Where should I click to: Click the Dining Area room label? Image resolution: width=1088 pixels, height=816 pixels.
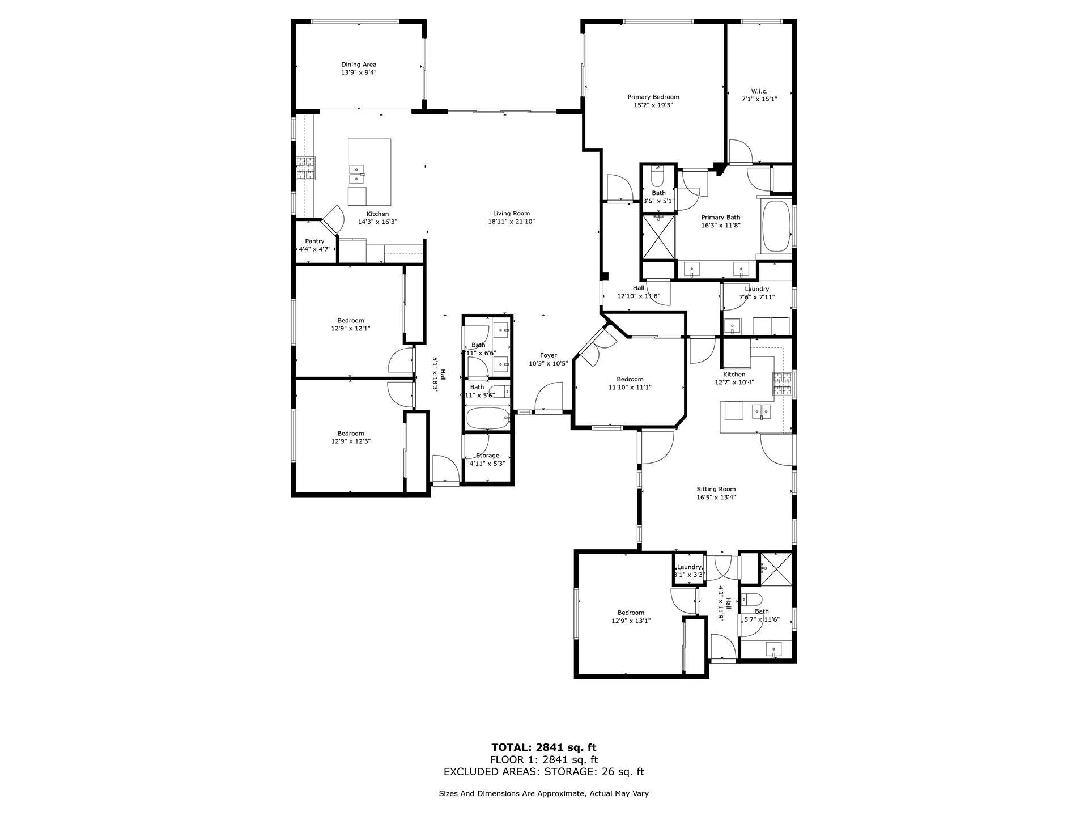[358, 65]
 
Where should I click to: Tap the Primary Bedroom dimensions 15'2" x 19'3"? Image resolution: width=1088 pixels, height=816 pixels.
[653, 105]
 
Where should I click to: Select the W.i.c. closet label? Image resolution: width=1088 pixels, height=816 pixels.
[759, 91]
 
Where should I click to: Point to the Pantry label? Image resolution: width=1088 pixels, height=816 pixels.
[314, 241]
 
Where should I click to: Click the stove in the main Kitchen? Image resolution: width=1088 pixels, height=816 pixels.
[305, 168]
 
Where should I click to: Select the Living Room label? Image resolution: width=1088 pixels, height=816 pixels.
[511, 214]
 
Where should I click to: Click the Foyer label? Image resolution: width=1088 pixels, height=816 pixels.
[548, 355]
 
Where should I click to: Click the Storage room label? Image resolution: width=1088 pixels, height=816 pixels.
[487, 456]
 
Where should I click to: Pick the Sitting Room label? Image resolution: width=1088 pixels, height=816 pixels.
[716, 489]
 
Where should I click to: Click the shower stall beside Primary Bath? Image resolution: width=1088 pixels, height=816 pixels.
[658, 236]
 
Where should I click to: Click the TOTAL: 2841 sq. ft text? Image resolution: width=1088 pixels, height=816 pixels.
[543, 747]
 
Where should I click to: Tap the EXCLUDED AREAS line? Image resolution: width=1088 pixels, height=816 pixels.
[543, 772]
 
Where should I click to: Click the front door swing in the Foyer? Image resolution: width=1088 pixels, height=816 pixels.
[549, 397]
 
